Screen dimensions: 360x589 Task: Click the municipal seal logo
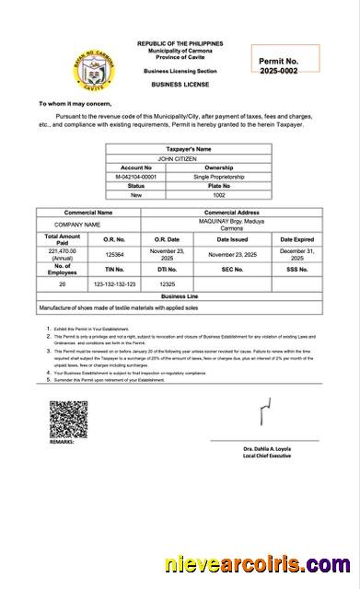[x=64, y=68]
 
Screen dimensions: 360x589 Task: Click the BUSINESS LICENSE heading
[x=180, y=84]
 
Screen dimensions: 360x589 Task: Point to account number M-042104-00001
[x=136, y=177]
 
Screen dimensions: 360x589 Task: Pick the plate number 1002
[x=219, y=195]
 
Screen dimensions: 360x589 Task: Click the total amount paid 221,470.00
[x=63, y=253]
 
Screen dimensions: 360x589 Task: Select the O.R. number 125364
[x=115, y=254]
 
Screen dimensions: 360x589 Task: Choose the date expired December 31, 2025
[x=297, y=254]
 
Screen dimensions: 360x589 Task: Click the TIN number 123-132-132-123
[x=115, y=284]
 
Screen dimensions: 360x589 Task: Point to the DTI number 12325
[x=167, y=284]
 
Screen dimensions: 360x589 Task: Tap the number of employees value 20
[x=63, y=284]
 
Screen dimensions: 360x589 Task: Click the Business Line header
[x=180, y=297]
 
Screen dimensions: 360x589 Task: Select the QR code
[x=68, y=419]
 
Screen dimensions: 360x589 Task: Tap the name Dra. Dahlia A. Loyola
[x=266, y=448]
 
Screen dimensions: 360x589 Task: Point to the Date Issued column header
[x=232, y=238]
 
